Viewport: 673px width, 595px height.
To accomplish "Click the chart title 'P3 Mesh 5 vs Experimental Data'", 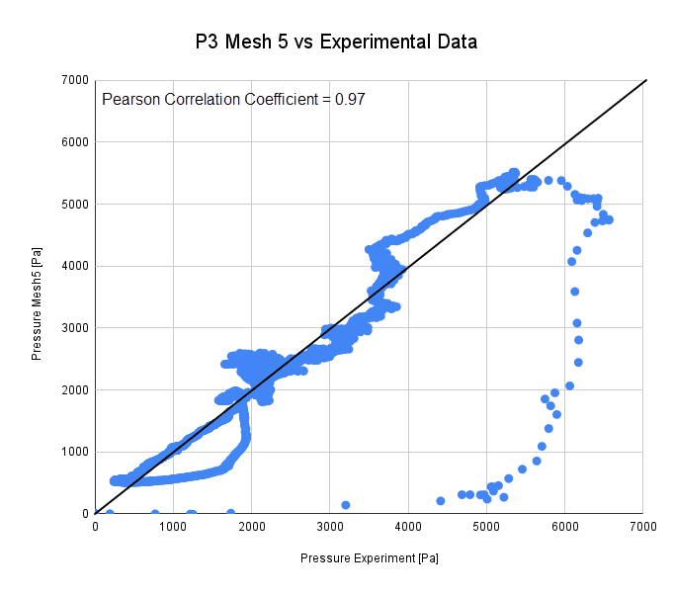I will (336, 42).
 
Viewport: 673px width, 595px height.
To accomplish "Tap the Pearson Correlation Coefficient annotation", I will (234, 99).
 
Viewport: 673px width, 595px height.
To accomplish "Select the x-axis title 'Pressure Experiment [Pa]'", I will (370, 558).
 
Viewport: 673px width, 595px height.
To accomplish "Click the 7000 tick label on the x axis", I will (643, 526).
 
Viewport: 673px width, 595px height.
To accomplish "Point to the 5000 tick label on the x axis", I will (486, 526).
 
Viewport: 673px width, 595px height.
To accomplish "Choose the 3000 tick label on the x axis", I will (330, 526).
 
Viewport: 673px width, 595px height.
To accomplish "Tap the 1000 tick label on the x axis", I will (174, 526).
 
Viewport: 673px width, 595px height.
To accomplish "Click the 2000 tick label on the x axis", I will (252, 526).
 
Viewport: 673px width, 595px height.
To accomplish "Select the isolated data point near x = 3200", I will (346, 505).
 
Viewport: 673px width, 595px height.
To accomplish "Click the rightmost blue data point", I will (609, 219).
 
